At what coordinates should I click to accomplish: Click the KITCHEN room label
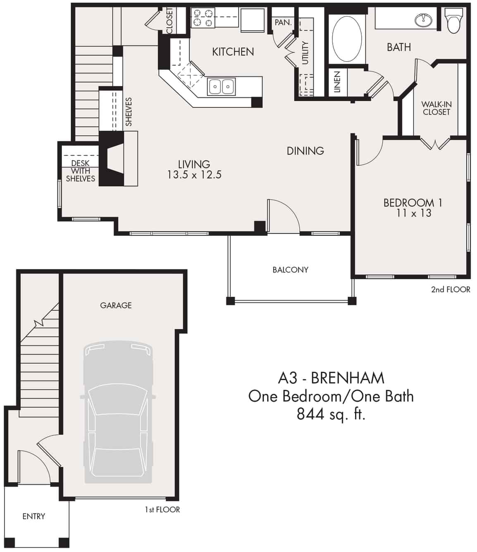click(233, 52)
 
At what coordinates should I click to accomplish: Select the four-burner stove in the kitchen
click(203, 18)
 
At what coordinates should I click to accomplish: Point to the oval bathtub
click(347, 39)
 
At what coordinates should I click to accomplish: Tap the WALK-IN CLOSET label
click(436, 108)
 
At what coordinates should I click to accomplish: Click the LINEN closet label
click(337, 82)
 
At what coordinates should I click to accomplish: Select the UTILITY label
click(305, 53)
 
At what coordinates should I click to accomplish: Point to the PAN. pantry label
click(283, 22)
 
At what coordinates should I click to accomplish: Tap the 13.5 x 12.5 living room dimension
click(194, 175)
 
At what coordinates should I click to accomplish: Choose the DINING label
click(305, 151)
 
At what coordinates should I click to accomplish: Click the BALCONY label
click(290, 270)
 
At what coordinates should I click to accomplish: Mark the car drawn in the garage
click(118, 412)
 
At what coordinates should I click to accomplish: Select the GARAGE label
click(116, 305)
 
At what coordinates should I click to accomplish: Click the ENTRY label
click(33, 516)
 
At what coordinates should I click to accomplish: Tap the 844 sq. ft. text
click(331, 414)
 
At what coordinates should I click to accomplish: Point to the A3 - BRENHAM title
click(331, 378)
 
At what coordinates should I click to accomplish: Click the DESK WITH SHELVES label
click(80, 171)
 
